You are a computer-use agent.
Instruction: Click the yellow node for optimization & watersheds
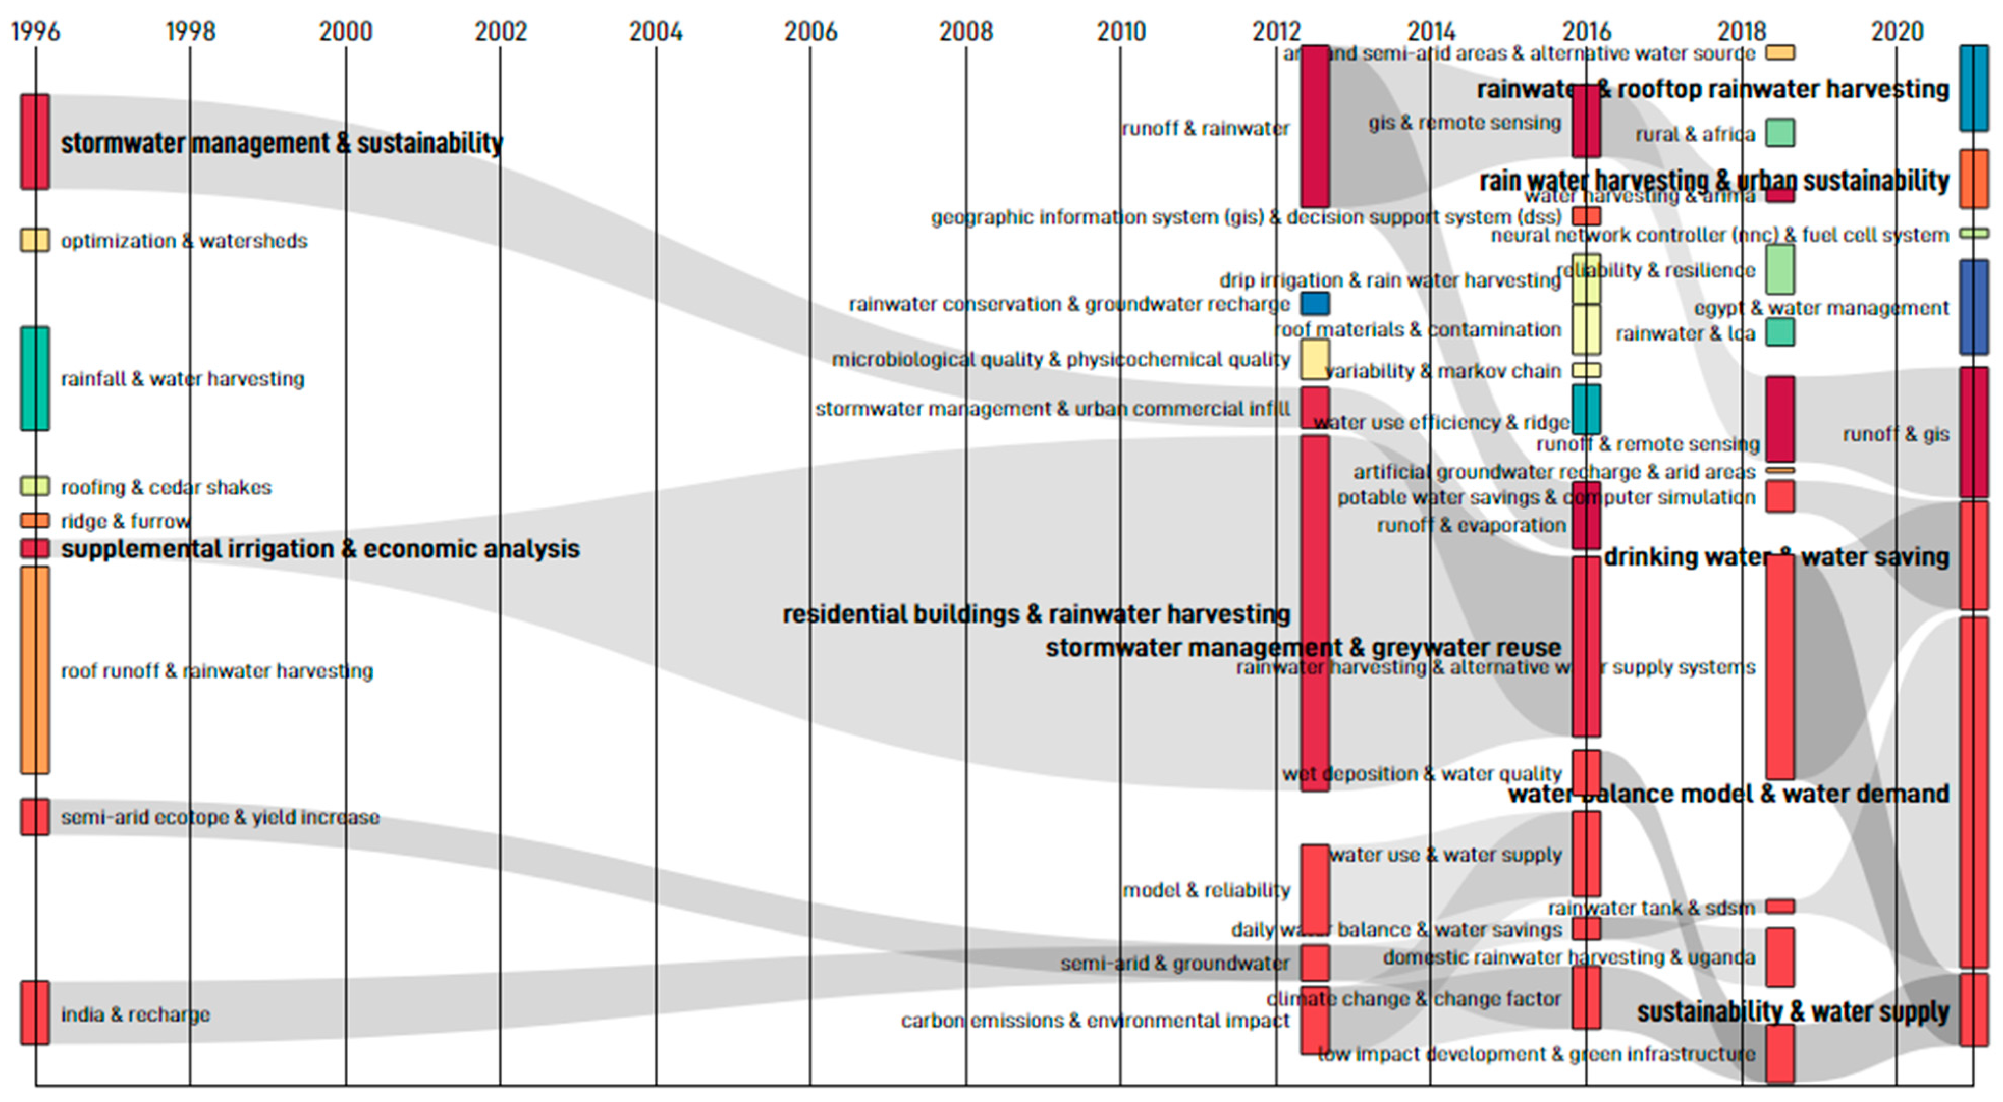pyautogui.click(x=35, y=240)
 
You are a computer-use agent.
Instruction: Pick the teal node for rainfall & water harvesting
pyautogui.click(x=35, y=379)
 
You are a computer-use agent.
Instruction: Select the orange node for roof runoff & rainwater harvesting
pyautogui.click(x=35, y=670)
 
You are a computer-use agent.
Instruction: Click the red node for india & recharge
pyautogui.click(x=35, y=1012)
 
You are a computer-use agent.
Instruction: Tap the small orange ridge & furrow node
pyautogui.click(x=35, y=520)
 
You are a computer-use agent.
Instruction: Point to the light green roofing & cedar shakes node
pyautogui.click(x=35, y=487)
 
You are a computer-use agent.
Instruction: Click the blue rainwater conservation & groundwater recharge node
pyautogui.click(x=1315, y=303)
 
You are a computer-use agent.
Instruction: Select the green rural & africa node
pyautogui.click(x=1780, y=133)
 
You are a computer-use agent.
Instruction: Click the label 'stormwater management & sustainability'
pyautogui.click(x=282, y=143)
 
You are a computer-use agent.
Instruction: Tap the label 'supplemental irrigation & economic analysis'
pyautogui.click(x=319, y=549)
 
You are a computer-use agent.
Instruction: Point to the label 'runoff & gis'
pyautogui.click(x=1895, y=434)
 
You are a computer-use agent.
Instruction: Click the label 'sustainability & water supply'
pyautogui.click(x=1792, y=1012)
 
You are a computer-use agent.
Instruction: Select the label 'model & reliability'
pyautogui.click(x=1205, y=890)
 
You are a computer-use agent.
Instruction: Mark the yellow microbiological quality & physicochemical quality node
pyautogui.click(x=1315, y=359)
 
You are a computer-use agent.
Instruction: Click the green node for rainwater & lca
pyautogui.click(x=1780, y=332)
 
